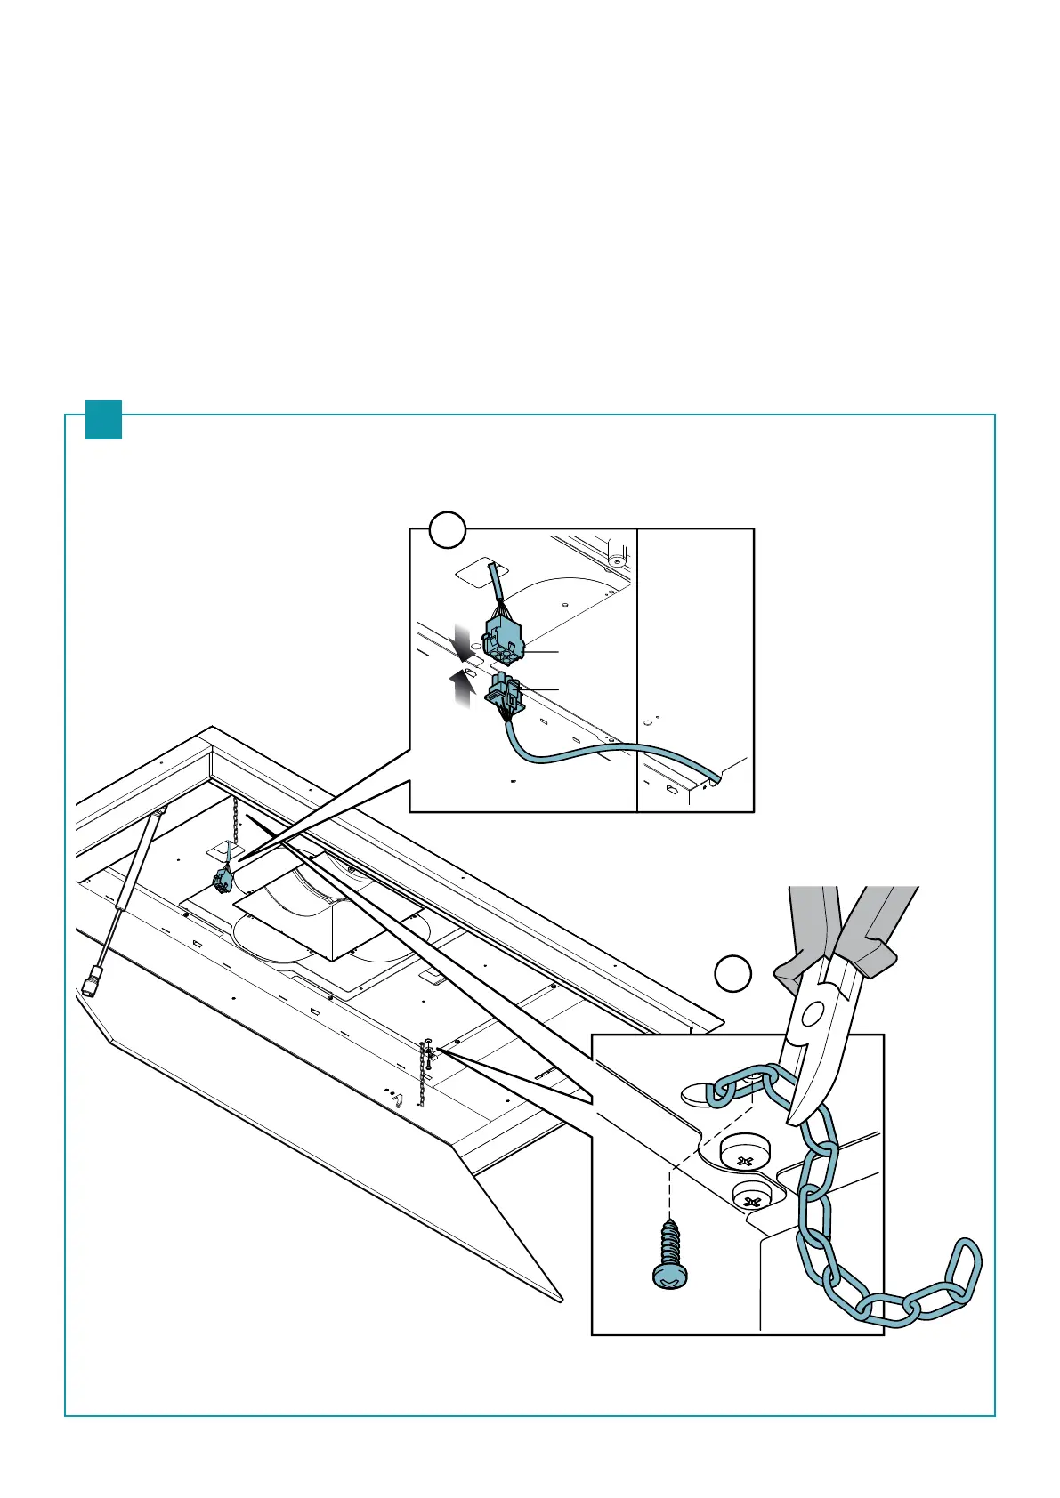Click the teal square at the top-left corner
point(103,420)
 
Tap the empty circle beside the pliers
point(733,974)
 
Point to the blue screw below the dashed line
point(668,1254)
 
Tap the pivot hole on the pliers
point(812,1012)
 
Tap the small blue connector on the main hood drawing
point(222,882)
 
